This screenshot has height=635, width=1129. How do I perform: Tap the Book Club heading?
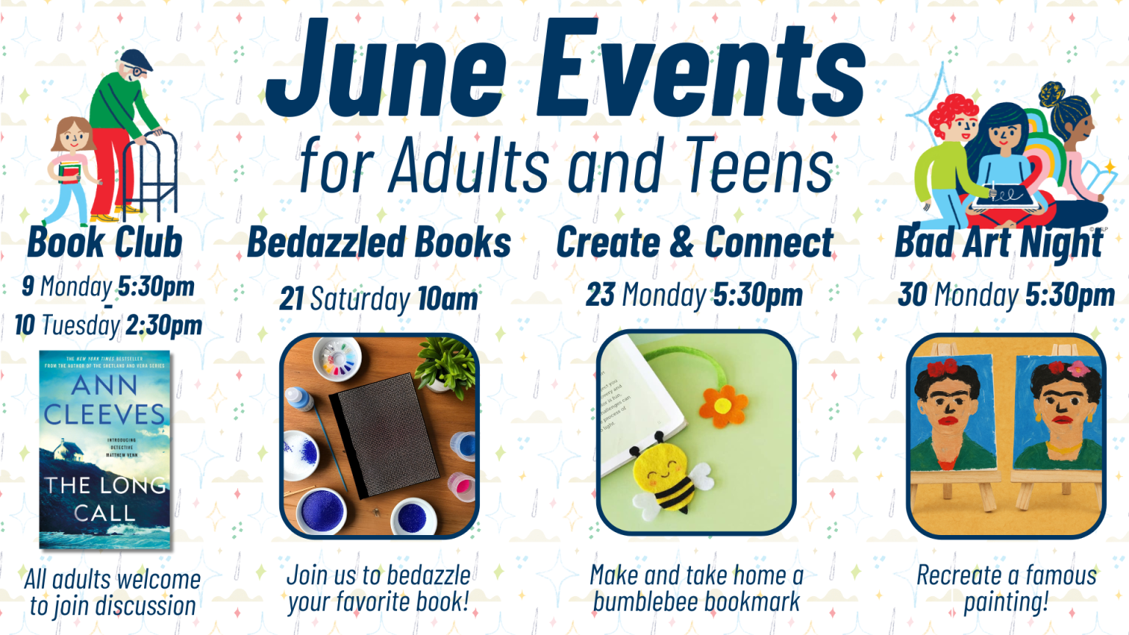coord(105,243)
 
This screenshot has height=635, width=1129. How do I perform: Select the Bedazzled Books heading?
coord(379,243)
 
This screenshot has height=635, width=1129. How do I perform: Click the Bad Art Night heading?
coord(999,243)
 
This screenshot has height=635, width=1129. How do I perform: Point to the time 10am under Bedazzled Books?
coord(448,299)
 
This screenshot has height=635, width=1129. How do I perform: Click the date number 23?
coord(601,295)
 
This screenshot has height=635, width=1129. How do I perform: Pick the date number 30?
coord(912,295)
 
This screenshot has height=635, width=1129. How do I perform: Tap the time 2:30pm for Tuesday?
coord(164,325)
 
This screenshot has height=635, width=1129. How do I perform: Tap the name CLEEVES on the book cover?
coord(104,415)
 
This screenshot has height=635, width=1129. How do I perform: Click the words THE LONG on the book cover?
coord(105,485)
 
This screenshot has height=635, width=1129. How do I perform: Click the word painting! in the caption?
coord(1006,603)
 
